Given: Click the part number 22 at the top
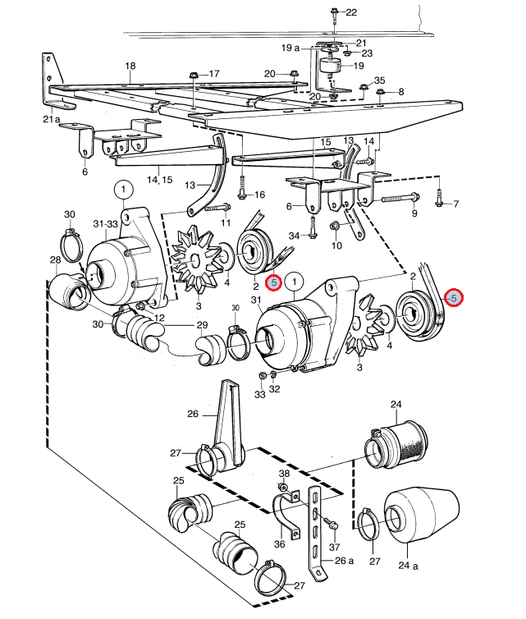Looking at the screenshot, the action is (x=351, y=12).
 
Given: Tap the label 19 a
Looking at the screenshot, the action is (x=290, y=48).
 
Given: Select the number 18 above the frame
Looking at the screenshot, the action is (x=130, y=66).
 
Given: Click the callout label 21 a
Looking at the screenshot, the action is (x=52, y=119).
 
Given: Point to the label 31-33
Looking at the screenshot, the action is (x=105, y=224).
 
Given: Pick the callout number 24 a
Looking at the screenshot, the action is (x=408, y=566).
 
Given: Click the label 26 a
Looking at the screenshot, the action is (x=344, y=561).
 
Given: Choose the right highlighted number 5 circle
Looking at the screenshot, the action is (x=454, y=298).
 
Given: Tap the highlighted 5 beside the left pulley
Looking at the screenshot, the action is (x=274, y=282).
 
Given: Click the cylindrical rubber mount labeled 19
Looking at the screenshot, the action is (x=332, y=66).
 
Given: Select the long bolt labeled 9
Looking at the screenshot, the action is (x=400, y=198).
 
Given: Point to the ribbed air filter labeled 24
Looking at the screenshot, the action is (x=396, y=444).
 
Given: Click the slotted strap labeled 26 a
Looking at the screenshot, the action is (x=316, y=532).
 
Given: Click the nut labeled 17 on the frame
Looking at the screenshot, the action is (x=194, y=75).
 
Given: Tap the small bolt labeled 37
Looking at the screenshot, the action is (x=330, y=522).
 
